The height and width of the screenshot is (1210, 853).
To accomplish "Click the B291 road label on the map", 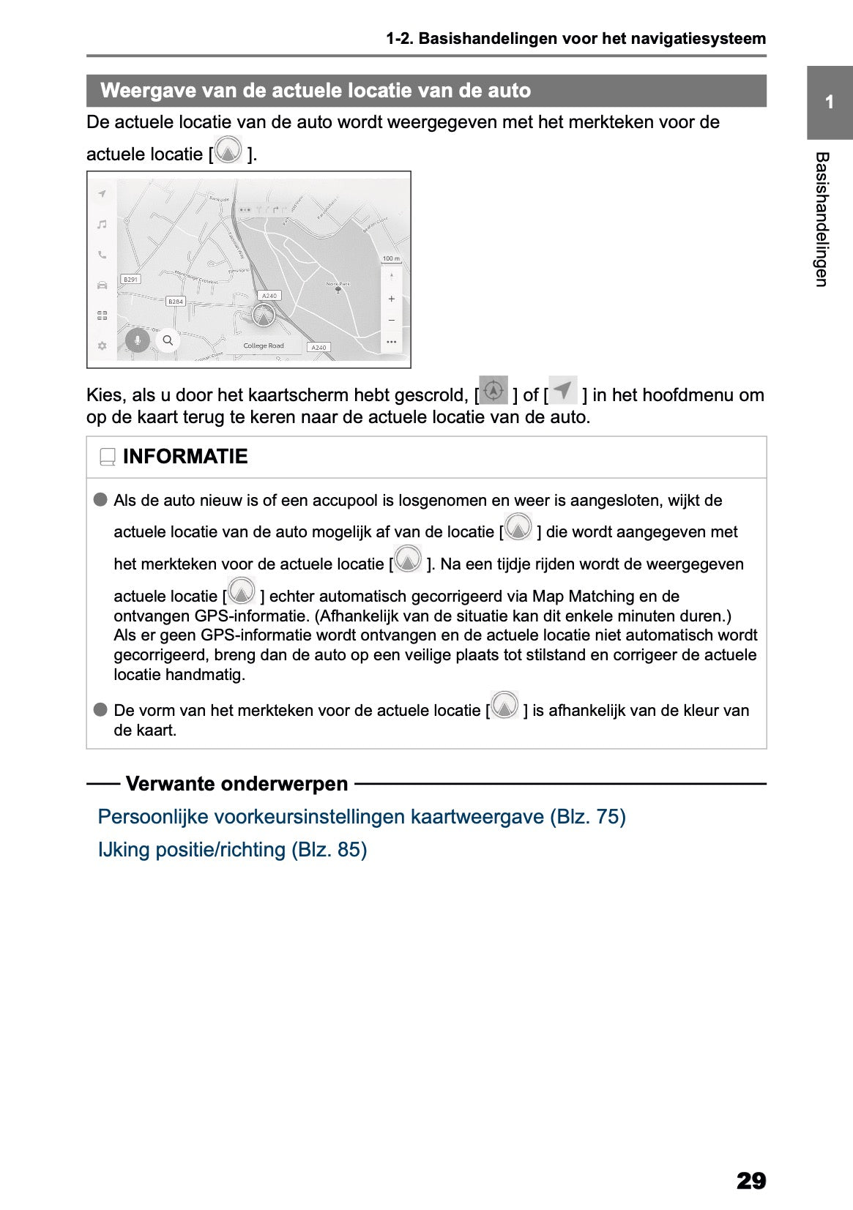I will [x=130, y=280].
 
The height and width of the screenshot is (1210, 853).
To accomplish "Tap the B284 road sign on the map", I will [x=176, y=302].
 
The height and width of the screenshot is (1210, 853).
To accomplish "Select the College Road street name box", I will [x=264, y=346].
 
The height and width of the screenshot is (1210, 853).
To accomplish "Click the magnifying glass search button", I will [x=168, y=340].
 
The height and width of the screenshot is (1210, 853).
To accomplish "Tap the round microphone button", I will [x=137, y=340].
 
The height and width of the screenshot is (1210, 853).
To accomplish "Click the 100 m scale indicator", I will [x=391, y=258].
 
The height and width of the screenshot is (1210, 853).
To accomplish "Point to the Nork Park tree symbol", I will [x=338, y=290].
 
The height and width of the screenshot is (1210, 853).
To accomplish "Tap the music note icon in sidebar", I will [x=103, y=224].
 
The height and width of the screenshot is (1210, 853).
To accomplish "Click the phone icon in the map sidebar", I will [x=103, y=255].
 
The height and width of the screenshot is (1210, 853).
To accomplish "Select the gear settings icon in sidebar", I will [x=103, y=346].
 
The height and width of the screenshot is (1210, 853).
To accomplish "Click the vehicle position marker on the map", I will [x=263, y=315].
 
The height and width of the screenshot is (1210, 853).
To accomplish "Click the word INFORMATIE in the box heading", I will [x=185, y=457].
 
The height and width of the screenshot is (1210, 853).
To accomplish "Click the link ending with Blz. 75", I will [x=362, y=816].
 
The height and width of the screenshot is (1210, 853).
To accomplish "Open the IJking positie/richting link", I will [x=232, y=849].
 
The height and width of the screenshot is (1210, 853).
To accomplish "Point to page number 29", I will [x=750, y=1180].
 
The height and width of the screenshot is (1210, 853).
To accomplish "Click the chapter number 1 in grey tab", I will [x=829, y=102].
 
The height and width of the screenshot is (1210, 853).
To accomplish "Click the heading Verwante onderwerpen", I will [x=236, y=784].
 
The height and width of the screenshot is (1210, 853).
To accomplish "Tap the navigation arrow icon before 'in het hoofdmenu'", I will [x=563, y=390].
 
